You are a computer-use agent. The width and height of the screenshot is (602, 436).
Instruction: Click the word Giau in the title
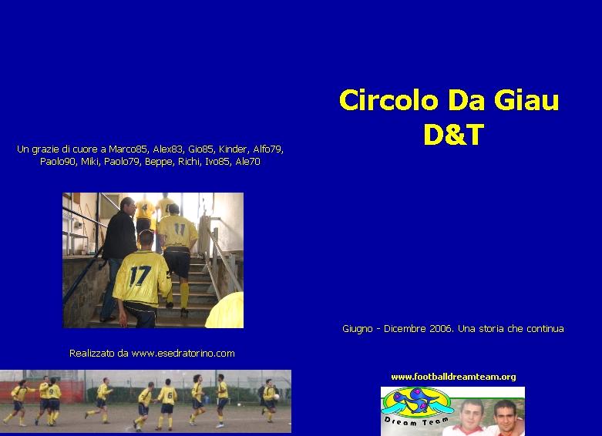pyautogui.click(x=526, y=100)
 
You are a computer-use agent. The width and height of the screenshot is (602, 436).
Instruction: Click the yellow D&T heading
pyautogui.click(x=453, y=135)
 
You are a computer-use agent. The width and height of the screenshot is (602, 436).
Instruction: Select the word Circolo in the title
pyautogui.click(x=388, y=100)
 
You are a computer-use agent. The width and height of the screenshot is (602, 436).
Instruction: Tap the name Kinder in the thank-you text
pyautogui.click(x=234, y=149)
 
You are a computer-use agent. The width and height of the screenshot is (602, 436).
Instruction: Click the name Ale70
pyautogui.click(x=247, y=162)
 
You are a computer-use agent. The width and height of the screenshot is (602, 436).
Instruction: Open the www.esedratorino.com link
pyautogui.click(x=183, y=354)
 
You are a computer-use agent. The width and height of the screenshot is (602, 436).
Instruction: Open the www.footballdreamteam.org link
pyautogui.click(x=453, y=377)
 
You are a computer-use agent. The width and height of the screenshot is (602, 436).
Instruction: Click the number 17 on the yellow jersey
pyautogui.click(x=140, y=276)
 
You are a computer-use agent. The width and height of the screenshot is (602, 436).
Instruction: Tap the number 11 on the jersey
pyautogui.click(x=180, y=229)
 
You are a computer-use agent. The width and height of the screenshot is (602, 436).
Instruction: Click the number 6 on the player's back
pyautogui.click(x=170, y=395)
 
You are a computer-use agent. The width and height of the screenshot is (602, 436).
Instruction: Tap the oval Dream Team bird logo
pyautogui.click(x=417, y=402)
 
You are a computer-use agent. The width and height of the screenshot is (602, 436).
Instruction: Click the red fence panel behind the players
pyautogui.click(x=42, y=391)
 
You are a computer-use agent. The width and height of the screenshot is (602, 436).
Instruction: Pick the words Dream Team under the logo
pyautogui.click(x=416, y=421)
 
